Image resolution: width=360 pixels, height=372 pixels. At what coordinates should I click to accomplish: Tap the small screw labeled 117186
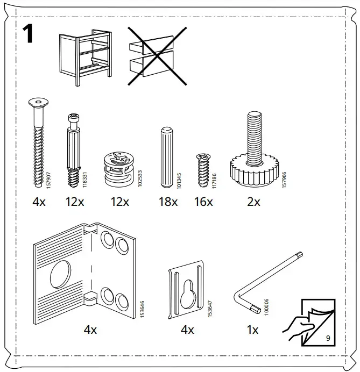(x=203, y=169)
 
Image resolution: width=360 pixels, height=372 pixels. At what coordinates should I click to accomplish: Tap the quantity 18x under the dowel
(x=168, y=202)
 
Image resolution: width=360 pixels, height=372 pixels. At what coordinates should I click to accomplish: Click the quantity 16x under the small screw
(x=203, y=202)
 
